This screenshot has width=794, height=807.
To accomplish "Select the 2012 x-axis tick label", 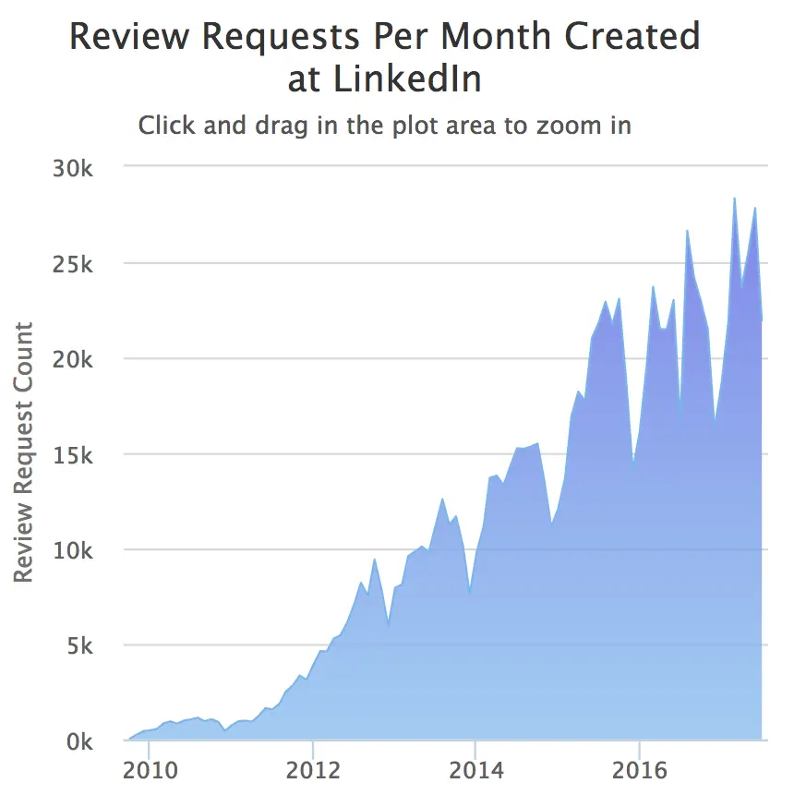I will pos(314,771).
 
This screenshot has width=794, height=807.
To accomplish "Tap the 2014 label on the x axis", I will pos(475,771).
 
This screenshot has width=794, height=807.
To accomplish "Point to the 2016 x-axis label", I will pos(639,771).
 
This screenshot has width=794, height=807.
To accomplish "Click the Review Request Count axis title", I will pos(24,452).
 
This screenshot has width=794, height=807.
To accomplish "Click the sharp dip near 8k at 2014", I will pos(470,593).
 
